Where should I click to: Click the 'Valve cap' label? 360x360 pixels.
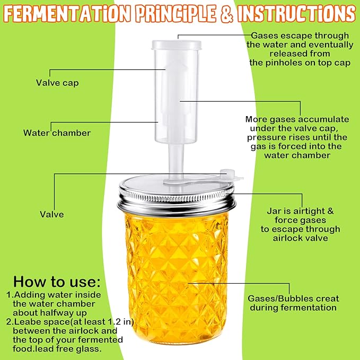coord(57,83)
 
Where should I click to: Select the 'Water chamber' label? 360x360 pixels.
coord(57,133)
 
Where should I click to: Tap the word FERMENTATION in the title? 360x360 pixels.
coord(67,13)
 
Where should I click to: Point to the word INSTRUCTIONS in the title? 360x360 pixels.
coord(296,14)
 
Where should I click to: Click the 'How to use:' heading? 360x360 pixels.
coord(57,282)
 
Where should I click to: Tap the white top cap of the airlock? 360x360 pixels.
coord(177,45)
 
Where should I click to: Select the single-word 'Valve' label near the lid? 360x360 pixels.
coord(51,214)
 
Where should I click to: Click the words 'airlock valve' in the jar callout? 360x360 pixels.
coord(300,238)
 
